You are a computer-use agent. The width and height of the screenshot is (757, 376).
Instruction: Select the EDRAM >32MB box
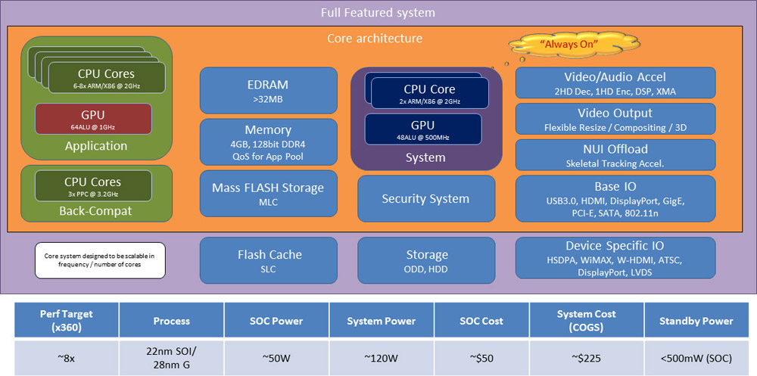[x=268, y=91]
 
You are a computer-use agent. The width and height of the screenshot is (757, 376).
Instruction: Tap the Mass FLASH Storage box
[x=268, y=193]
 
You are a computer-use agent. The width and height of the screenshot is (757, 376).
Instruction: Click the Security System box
[x=425, y=198]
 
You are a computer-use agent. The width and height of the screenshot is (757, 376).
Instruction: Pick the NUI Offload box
[x=615, y=154]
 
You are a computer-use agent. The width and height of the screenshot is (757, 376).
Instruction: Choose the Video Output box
[x=615, y=120]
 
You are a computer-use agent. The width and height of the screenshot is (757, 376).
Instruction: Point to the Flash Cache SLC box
[x=268, y=260]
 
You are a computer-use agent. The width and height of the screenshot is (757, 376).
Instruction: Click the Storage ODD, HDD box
[x=425, y=260]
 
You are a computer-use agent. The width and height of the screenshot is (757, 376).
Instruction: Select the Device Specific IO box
[x=615, y=259]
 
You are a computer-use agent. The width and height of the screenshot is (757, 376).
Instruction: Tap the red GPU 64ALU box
[x=94, y=119]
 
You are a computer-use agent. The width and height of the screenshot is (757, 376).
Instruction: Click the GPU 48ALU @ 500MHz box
[x=423, y=129]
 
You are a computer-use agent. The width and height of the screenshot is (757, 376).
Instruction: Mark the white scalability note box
[x=99, y=261]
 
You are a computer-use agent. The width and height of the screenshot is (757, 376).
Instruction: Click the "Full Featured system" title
[x=378, y=13]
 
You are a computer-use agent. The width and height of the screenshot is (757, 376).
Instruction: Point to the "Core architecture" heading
[x=375, y=38]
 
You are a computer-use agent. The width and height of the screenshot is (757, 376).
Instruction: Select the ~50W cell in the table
[x=276, y=358]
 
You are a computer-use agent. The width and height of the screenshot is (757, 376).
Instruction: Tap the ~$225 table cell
[x=586, y=358]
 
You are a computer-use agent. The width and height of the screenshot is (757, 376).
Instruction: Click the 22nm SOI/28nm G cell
[x=171, y=358]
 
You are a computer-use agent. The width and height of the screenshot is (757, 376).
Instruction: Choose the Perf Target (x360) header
[x=67, y=321]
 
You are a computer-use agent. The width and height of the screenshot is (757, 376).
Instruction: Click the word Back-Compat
[x=95, y=211]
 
